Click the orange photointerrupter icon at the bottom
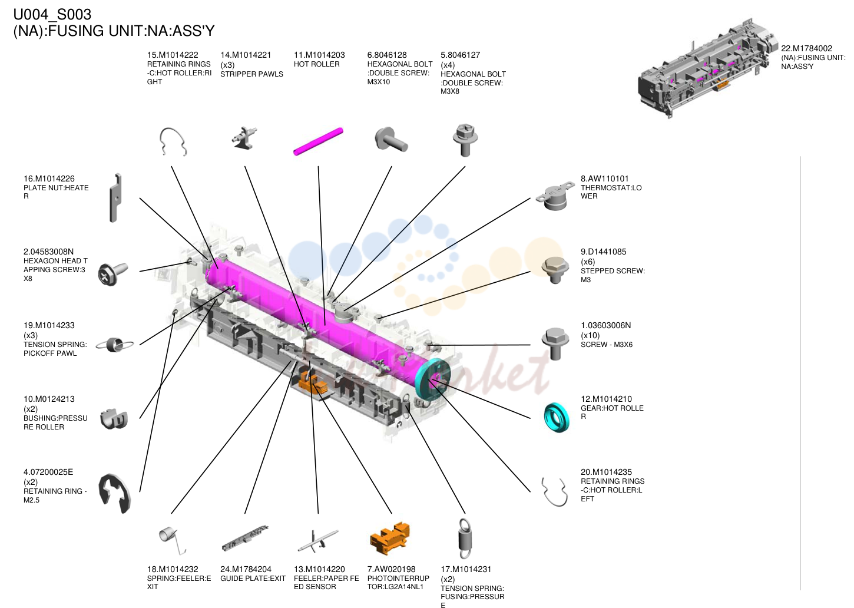[390, 538]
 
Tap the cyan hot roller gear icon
[556, 417]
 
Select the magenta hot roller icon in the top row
[319, 141]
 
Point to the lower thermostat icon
[555, 196]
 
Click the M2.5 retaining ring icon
[114, 494]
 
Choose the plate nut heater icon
[115, 197]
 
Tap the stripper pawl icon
[244, 139]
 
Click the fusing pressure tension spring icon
[465, 538]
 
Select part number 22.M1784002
[806, 48]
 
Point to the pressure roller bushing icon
[114, 419]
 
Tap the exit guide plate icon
[245, 538]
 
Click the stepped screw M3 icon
[555, 270]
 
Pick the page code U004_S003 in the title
[52, 15]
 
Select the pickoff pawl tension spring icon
[114, 345]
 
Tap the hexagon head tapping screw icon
[112, 273]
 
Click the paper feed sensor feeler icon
[318, 541]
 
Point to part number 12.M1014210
[606, 399]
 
